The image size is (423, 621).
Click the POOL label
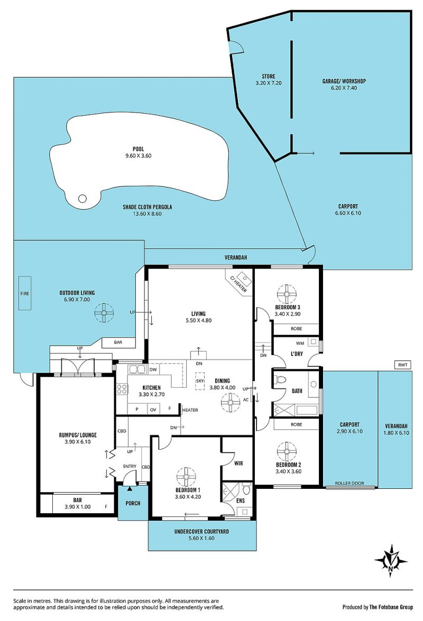[138, 149]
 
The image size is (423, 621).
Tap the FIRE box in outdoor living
[24, 293]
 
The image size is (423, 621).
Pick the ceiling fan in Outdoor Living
[104, 313]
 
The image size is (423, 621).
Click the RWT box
[403, 365]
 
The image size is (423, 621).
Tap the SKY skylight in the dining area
[200, 381]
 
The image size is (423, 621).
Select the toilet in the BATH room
[280, 379]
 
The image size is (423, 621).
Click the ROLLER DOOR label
[350, 483]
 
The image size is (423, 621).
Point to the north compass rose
[391, 561]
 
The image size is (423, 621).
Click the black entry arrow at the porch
[130, 489]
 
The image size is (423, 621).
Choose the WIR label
[238, 463]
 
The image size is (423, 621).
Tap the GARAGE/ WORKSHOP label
[344, 81]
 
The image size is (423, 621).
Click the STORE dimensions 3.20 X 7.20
[269, 83]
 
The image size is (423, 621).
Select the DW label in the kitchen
[153, 369]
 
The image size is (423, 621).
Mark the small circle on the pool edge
[82, 198]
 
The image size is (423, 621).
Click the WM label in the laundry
[300, 344]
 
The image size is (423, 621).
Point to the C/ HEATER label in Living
[238, 284]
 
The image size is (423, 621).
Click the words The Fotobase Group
[391, 607]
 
